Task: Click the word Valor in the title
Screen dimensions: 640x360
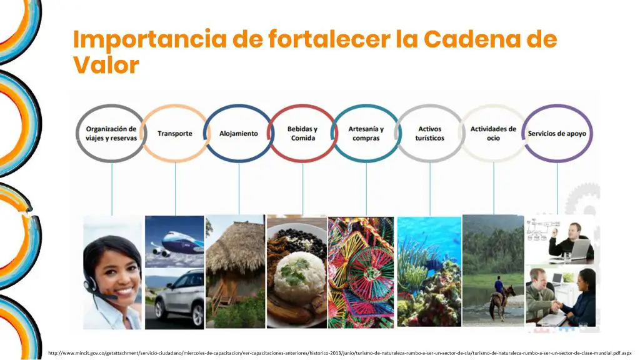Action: coord(106,65)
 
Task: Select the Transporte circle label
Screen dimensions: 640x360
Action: coord(175,134)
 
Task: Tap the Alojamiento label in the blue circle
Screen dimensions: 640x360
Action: coord(238,134)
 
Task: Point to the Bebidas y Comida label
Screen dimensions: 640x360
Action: coord(302,134)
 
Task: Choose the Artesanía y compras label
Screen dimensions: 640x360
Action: coord(366,134)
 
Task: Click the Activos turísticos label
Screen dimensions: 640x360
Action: coord(430,134)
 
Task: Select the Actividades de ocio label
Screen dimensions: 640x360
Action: coord(493,134)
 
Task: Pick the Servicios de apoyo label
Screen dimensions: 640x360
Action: coord(557,134)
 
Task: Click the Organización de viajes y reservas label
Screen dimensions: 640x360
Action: coord(111,134)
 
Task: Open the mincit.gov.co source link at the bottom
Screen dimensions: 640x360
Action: coord(339,353)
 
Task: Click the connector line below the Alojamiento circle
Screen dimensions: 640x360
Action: coord(239,188)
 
